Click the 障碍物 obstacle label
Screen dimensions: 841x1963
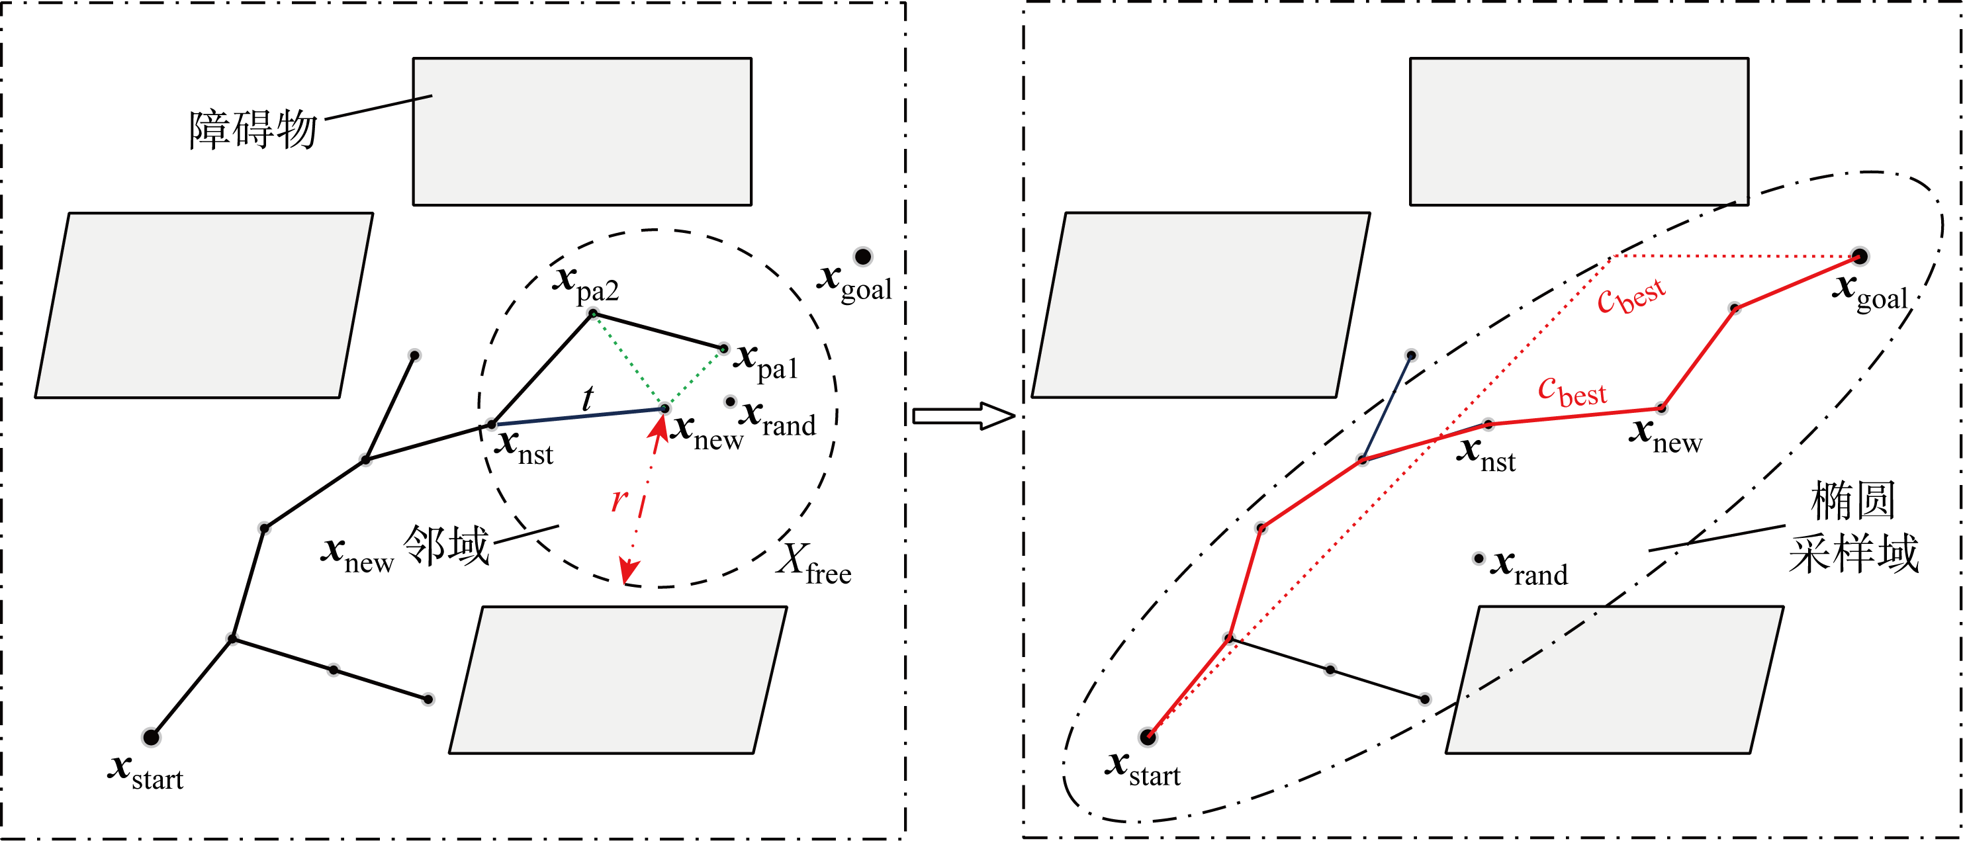tap(253, 129)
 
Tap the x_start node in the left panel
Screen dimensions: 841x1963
tap(151, 736)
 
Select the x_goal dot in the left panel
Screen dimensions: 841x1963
tap(862, 257)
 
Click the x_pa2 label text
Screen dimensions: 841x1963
tap(585, 283)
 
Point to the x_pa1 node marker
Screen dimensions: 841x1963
tap(724, 349)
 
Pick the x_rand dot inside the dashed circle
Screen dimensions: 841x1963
tap(730, 402)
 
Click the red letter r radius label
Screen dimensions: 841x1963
tap(619, 500)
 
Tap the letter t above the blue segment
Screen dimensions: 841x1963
tap(588, 398)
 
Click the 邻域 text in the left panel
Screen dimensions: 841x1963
tap(446, 545)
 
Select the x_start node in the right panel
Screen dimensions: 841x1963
tap(1148, 736)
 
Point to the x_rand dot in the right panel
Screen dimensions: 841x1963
tap(1479, 559)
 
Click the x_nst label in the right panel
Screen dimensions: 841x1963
tap(1486, 454)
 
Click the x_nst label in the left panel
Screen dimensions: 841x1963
tap(524, 447)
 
